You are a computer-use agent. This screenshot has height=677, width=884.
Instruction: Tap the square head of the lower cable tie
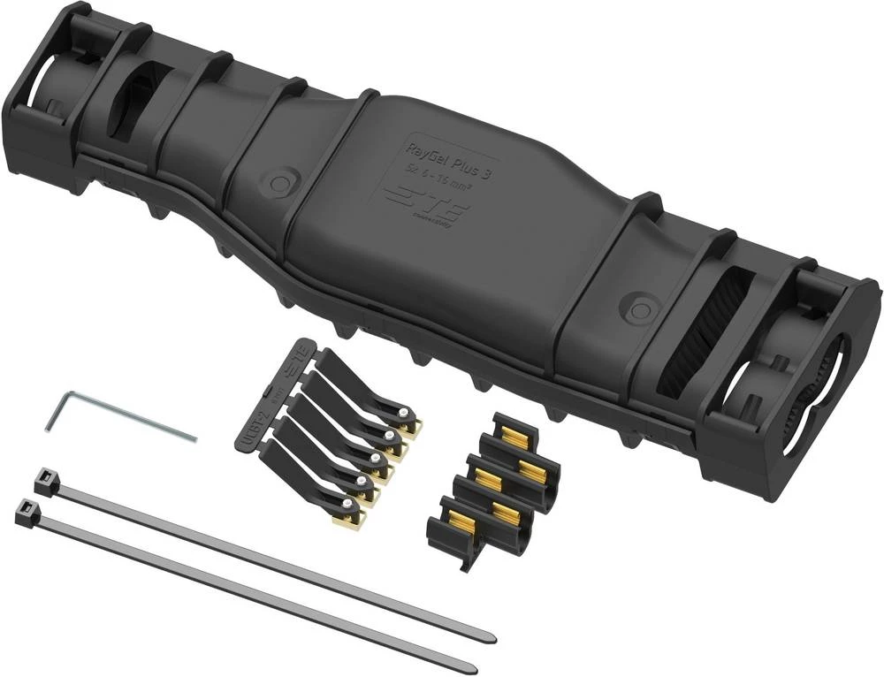click(26, 510)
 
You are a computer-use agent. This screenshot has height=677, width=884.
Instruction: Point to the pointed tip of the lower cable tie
click(476, 666)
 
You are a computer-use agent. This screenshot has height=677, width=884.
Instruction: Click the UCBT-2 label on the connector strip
click(248, 430)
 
